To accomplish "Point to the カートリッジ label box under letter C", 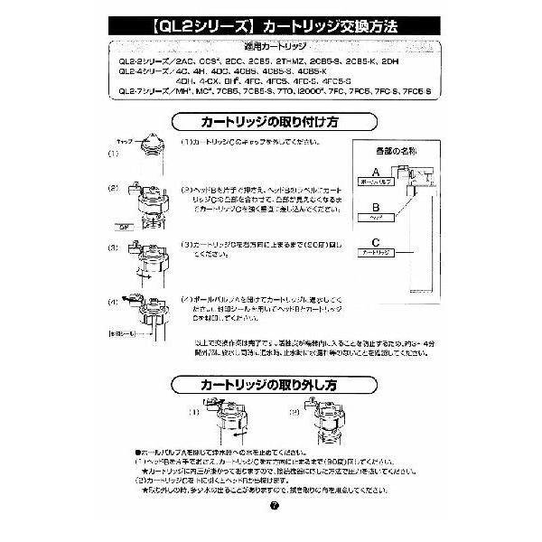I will click(378, 254).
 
